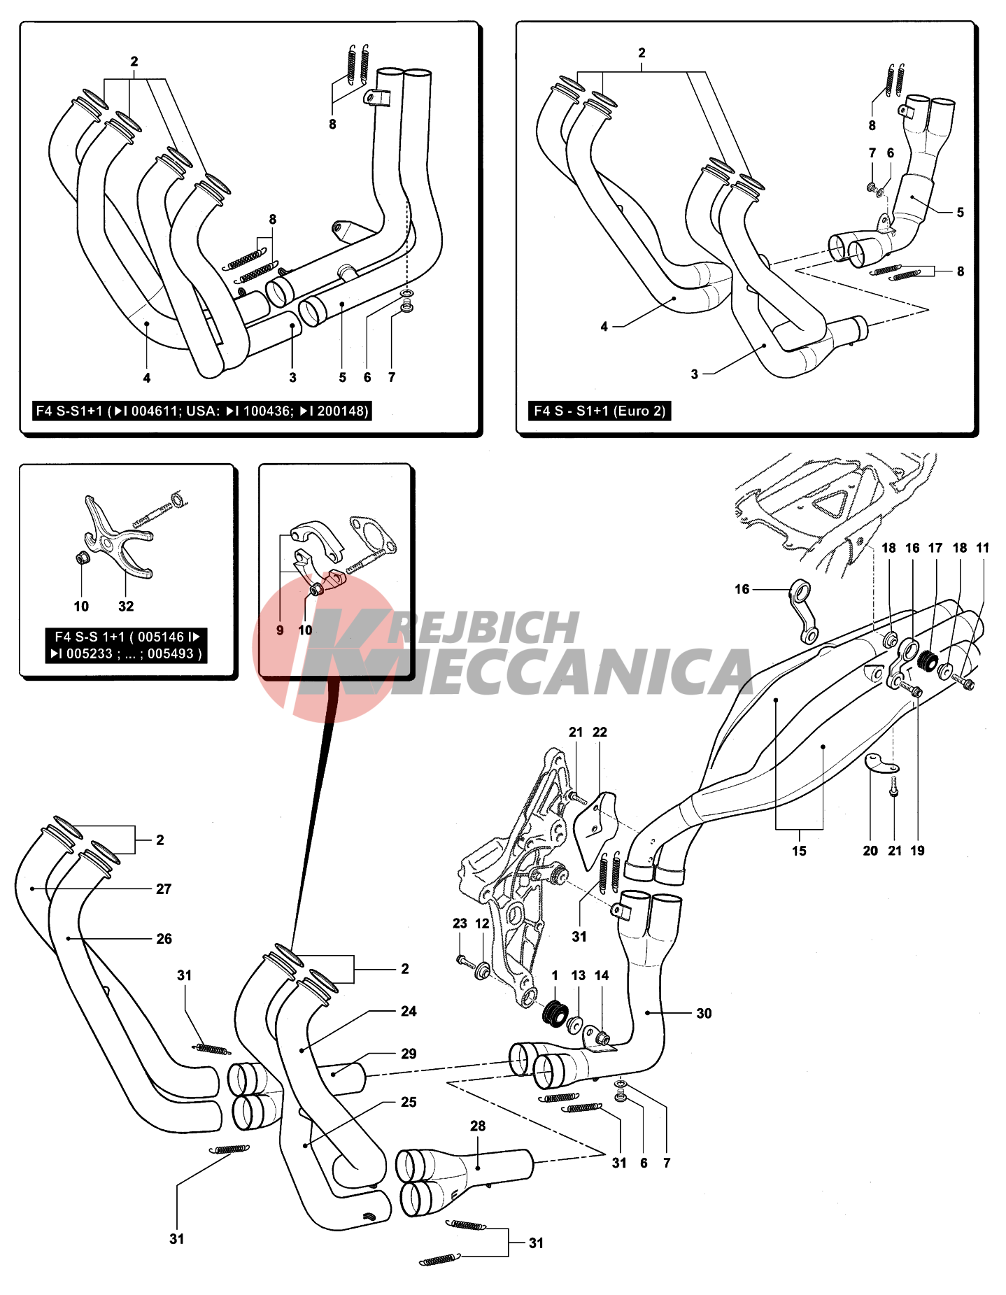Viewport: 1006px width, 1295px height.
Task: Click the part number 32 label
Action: tap(126, 607)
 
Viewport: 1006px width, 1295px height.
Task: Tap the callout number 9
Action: tap(280, 630)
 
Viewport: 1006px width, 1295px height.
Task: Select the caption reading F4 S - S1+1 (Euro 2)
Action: tap(600, 411)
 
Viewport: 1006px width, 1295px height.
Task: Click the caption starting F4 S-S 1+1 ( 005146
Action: tap(127, 645)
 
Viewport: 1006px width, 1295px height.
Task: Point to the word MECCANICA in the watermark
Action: tap(581, 672)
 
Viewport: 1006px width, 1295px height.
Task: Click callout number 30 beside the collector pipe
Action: tap(704, 1013)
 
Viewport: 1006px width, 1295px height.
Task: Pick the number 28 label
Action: tap(478, 1126)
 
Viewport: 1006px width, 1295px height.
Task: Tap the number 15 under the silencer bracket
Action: tap(799, 851)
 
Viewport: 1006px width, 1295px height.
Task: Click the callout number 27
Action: tap(164, 889)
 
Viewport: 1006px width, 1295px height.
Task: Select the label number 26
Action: tap(164, 939)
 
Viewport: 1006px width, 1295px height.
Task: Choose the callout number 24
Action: tap(409, 1011)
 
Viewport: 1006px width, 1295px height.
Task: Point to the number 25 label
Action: tap(409, 1102)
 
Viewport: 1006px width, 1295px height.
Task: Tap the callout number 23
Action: tap(460, 924)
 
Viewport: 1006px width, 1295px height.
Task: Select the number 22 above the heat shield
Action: tap(600, 732)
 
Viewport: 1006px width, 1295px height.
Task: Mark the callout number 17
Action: tap(935, 548)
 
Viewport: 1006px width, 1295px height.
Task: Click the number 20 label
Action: tap(870, 851)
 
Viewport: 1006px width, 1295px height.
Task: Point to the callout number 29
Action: tap(409, 1054)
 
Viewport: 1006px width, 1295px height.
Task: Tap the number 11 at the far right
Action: tap(983, 548)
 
